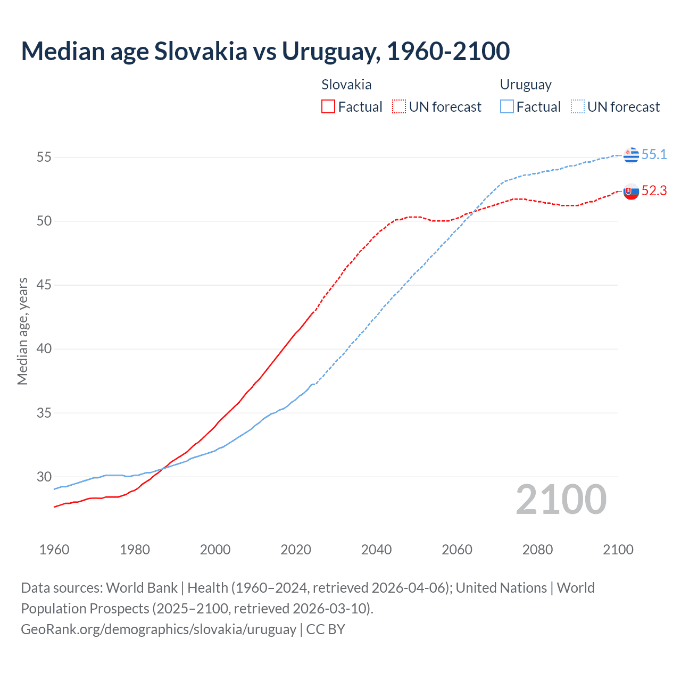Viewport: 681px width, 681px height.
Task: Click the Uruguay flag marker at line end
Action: (x=631, y=155)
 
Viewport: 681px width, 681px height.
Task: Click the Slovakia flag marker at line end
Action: (x=631, y=192)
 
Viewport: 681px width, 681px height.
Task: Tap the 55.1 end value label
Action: (x=654, y=154)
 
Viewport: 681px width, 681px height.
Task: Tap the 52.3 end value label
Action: (x=654, y=191)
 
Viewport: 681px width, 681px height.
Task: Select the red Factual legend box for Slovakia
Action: (x=328, y=107)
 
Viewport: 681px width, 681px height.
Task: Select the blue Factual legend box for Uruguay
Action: (x=507, y=107)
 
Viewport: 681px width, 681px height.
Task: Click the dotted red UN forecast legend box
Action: (x=399, y=107)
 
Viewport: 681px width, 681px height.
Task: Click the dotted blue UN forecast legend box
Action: (x=578, y=107)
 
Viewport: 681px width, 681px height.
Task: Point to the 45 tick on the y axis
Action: (x=44, y=285)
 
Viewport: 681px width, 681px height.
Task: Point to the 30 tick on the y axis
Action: (x=44, y=477)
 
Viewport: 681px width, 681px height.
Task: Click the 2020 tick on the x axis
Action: (x=296, y=550)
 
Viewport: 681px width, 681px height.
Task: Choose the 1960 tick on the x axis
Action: (x=54, y=550)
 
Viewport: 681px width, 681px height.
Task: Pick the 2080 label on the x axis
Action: (x=537, y=550)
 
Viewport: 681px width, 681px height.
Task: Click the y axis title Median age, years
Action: (x=22, y=331)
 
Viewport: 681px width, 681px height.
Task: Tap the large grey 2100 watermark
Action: (x=561, y=499)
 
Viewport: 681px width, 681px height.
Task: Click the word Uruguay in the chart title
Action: (x=330, y=51)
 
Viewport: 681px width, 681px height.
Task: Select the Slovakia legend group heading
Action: (x=346, y=85)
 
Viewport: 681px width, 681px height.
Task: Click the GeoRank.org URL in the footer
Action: (x=158, y=629)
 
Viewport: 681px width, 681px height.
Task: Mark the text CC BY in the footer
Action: (x=326, y=629)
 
